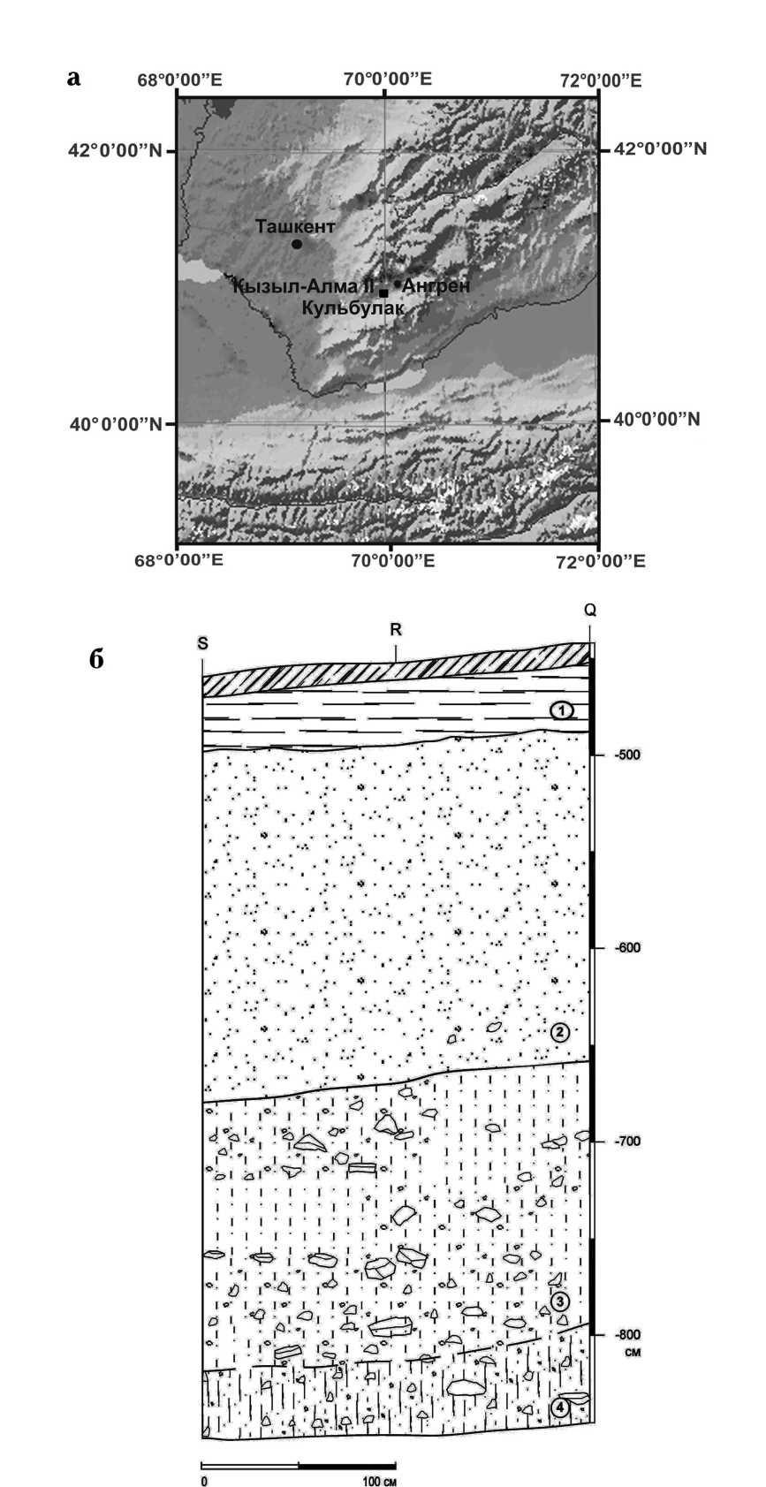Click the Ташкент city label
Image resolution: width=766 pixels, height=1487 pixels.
[x=295, y=226]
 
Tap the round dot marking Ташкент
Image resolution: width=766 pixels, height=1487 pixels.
[x=297, y=244]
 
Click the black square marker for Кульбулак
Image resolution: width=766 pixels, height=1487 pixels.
[x=383, y=292]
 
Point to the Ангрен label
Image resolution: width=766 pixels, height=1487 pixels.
[x=436, y=285]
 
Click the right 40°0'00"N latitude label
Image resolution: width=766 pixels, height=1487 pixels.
[x=657, y=419]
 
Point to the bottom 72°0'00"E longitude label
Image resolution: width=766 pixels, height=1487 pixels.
[x=598, y=561]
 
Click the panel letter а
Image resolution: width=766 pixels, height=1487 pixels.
[x=74, y=78]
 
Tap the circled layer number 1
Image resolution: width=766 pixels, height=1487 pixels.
[x=560, y=709]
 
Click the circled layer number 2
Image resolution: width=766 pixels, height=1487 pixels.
[x=559, y=1032]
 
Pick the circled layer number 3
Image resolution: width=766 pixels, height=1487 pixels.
[x=559, y=1301]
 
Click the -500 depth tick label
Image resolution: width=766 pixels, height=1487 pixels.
[x=627, y=755]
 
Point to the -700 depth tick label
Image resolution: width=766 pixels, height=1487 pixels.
[x=627, y=1142]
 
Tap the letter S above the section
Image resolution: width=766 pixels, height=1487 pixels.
[x=203, y=643]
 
